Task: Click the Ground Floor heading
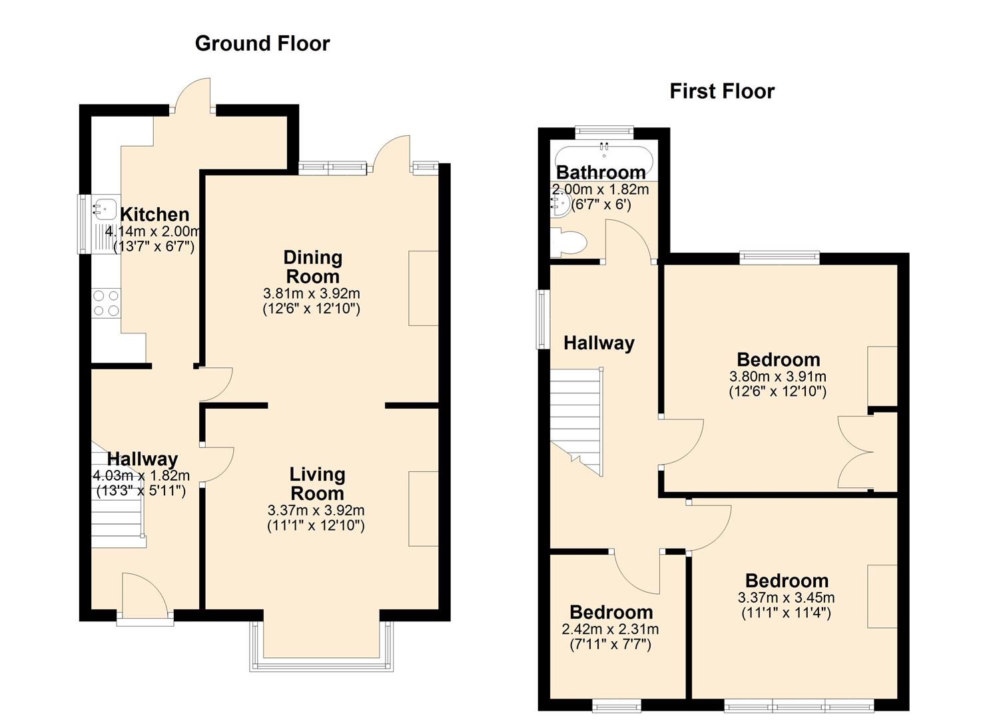(262, 43)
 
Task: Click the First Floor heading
(722, 91)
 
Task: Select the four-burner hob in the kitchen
(106, 303)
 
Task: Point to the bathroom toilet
(568, 242)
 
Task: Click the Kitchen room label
(155, 215)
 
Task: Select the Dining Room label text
(312, 267)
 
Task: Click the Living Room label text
(317, 483)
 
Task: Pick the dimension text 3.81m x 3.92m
(312, 293)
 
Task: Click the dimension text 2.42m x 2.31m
(610, 629)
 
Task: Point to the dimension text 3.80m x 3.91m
(777, 376)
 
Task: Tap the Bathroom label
(601, 172)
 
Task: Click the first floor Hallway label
(599, 343)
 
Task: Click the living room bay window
(322, 647)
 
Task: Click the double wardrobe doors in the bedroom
(856, 452)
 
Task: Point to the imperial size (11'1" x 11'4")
(786, 613)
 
